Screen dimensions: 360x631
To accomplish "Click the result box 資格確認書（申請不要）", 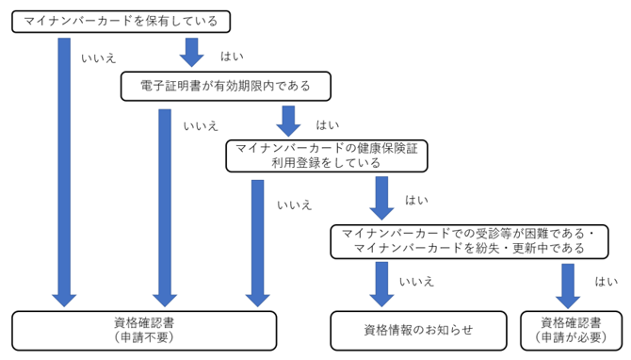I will tap(144, 328).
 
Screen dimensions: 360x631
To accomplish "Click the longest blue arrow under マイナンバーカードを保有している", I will tap(64, 170).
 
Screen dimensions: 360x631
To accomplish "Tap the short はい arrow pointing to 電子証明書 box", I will tap(192, 52).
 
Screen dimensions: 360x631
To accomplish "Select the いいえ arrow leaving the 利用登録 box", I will tap(257, 240).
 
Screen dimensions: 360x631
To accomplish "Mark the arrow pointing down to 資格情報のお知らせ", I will tap(381, 284).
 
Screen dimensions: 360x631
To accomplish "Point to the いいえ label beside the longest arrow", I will tap(98, 57).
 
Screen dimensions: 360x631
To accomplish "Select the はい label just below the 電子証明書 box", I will tap(327, 124).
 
